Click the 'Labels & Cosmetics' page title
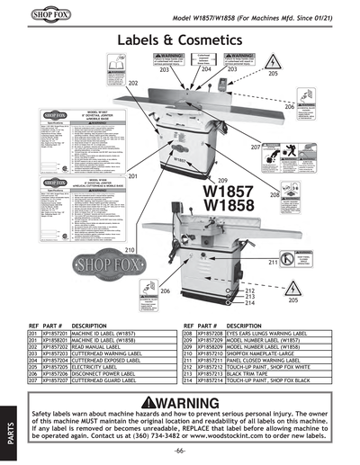[x=179, y=42]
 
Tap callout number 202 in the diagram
[x=133, y=83]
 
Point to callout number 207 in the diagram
[x=256, y=147]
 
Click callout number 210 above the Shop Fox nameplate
[x=130, y=249]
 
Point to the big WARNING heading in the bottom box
[x=179, y=402]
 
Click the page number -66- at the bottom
[x=180, y=449]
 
